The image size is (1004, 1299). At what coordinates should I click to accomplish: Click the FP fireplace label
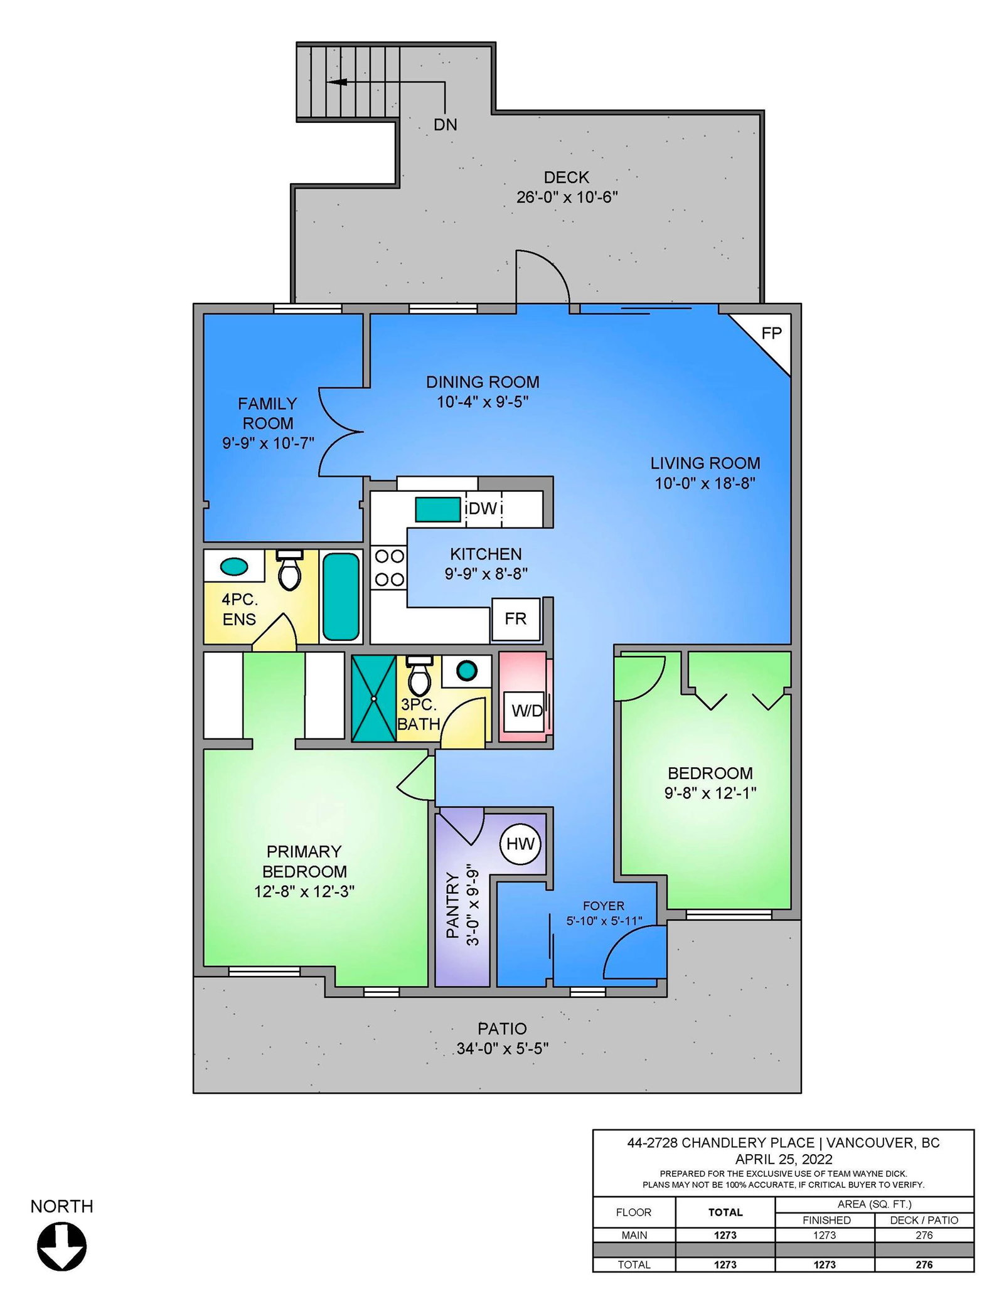click(x=771, y=333)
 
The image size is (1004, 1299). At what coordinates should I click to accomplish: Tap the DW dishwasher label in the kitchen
click(x=483, y=509)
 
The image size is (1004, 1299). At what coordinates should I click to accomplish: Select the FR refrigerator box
click(x=516, y=619)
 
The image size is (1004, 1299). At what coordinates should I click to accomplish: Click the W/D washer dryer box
click(x=526, y=711)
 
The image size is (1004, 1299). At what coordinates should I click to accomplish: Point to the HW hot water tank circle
click(x=520, y=844)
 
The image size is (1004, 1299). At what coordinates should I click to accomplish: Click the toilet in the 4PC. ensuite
click(x=289, y=570)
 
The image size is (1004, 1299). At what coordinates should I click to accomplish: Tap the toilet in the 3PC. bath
click(x=419, y=674)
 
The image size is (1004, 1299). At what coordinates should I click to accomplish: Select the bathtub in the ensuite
click(x=341, y=596)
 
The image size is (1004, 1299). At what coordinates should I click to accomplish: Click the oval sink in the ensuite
click(x=234, y=566)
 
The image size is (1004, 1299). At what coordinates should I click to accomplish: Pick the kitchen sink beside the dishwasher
click(x=437, y=509)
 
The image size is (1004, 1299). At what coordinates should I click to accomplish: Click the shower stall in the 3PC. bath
click(x=373, y=698)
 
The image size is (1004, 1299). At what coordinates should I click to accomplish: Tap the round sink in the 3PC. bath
click(x=466, y=671)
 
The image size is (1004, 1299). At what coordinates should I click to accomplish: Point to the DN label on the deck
click(x=446, y=125)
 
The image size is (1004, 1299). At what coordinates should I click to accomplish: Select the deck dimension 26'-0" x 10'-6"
click(x=567, y=197)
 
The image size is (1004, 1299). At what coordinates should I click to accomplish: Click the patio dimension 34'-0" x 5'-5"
click(x=503, y=1048)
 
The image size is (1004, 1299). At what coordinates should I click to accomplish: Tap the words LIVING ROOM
click(x=705, y=463)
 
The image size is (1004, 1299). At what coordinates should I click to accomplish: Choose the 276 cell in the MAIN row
click(x=924, y=1235)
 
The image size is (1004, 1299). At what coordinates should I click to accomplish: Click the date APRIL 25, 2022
click(x=784, y=1159)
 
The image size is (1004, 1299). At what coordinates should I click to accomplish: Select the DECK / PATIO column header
click(x=924, y=1220)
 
